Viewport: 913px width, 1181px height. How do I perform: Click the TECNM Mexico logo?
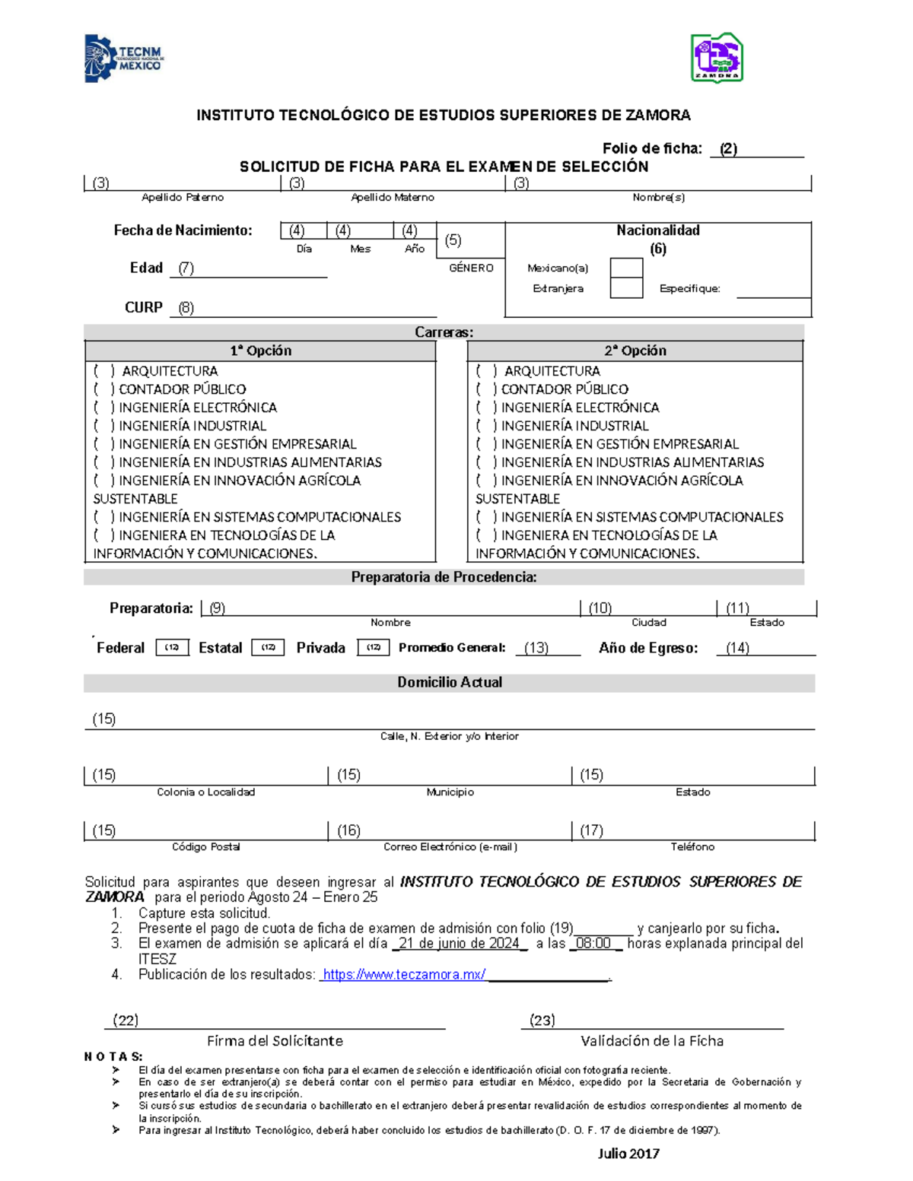click(123, 59)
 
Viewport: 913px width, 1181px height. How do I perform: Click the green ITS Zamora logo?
click(716, 57)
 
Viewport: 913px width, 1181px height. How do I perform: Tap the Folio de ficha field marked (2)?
click(756, 149)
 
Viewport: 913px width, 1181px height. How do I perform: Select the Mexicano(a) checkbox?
click(626, 268)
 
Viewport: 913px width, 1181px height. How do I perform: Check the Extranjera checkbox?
click(626, 288)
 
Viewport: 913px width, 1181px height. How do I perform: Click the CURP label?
click(144, 307)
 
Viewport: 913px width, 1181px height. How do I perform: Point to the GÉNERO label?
click(471, 268)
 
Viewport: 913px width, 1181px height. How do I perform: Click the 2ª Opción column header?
click(635, 351)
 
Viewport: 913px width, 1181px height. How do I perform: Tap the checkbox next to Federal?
click(172, 647)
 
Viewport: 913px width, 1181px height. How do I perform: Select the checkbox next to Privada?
click(373, 647)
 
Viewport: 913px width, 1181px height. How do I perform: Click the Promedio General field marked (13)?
click(546, 648)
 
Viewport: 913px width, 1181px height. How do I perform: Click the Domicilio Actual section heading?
click(449, 682)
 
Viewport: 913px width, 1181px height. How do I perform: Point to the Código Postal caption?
click(205, 846)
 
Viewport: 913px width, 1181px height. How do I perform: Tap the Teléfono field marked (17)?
click(692, 830)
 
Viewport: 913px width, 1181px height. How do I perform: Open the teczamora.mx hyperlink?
click(403, 975)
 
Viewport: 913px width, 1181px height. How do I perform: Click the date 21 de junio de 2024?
click(459, 944)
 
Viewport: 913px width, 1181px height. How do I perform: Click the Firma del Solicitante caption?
click(275, 1040)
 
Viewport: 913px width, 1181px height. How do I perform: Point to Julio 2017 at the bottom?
click(628, 1154)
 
